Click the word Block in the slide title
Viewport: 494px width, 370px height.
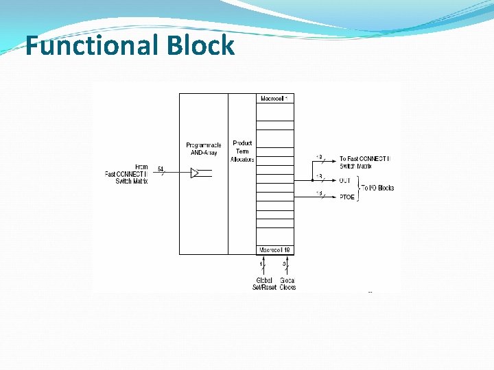click(200, 46)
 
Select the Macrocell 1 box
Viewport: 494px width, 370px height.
click(275, 99)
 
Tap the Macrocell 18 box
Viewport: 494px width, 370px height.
click(275, 250)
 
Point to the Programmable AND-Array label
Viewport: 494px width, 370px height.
click(203, 149)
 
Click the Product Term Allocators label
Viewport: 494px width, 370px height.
click(243, 151)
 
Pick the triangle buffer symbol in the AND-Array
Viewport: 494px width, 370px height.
click(194, 173)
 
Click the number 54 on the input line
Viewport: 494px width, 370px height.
click(161, 169)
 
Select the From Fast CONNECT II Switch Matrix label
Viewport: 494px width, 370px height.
click(127, 173)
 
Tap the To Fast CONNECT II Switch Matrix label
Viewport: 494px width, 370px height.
click(364, 162)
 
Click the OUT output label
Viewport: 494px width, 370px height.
click(344, 181)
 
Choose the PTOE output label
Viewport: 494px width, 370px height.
click(346, 197)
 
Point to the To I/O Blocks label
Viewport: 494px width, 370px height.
click(378, 188)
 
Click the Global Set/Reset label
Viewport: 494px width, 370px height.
click(263, 284)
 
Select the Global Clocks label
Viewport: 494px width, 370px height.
click(287, 284)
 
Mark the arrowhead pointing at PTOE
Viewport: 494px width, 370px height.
click(333, 197)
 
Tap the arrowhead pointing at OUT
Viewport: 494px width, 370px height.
click(333, 181)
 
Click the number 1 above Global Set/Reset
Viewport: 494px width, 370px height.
click(261, 263)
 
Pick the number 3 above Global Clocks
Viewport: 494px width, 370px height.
click(284, 263)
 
